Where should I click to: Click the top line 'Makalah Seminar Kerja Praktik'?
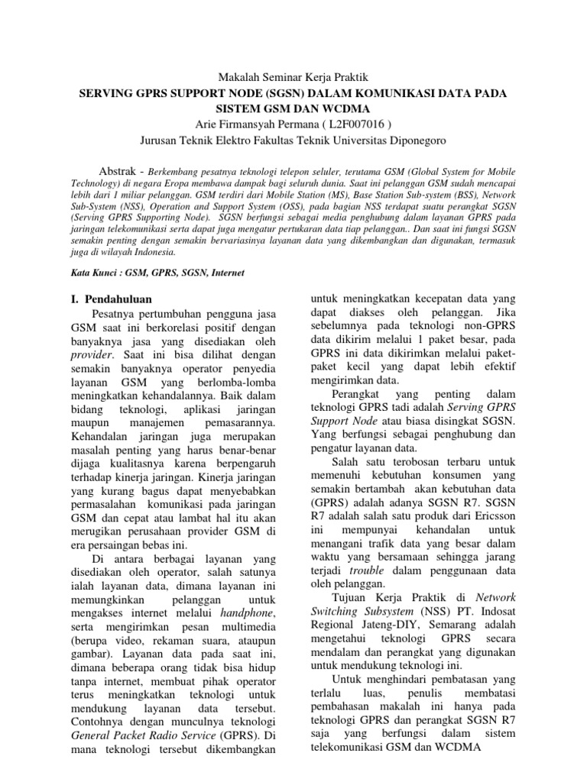[293, 78]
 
